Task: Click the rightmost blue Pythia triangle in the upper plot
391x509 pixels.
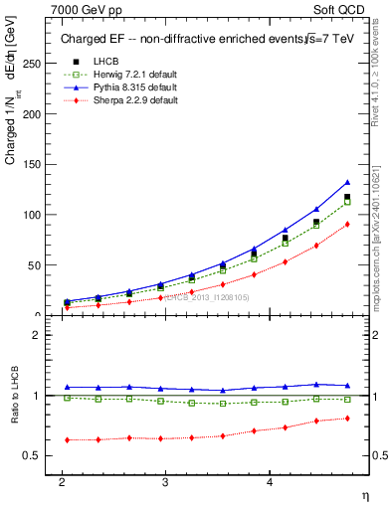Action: (347, 182)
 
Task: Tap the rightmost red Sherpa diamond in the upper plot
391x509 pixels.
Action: (347, 224)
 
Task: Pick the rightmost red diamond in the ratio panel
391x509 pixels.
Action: (347, 418)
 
